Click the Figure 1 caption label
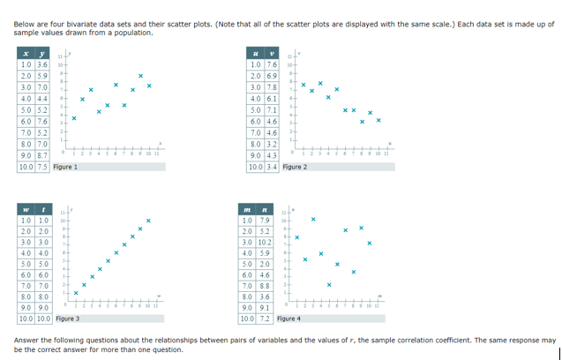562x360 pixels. [66, 167]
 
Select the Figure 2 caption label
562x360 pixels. [296, 167]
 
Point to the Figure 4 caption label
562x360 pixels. [288, 318]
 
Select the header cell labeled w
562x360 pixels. [26, 207]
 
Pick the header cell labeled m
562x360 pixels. [256, 207]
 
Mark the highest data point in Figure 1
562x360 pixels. [140, 74]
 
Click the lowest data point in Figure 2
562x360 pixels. [377, 122]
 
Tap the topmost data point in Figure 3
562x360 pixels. [149, 220]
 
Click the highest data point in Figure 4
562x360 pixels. [313, 219]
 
